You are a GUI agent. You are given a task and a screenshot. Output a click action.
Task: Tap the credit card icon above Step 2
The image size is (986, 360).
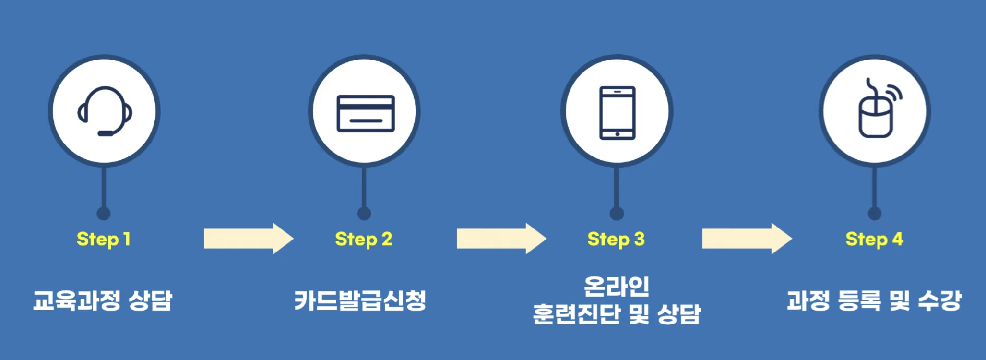tap(366, 113)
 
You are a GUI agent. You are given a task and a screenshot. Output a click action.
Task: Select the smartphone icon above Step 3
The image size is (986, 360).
tap(617, 113)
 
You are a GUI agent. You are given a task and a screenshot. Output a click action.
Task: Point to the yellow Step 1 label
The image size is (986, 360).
tap(104, 239)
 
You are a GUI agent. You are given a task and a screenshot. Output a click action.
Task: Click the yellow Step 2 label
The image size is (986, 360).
tap(364, 239)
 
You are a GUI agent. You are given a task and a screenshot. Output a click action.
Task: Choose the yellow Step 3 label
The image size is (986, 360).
tap(616, 239)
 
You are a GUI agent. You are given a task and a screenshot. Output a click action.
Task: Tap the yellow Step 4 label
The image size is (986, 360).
tap(874, 239)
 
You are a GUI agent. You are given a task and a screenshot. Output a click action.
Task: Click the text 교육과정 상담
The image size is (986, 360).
tap(102, 301)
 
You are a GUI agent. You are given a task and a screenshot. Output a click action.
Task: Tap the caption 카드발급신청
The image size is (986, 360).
tap(360, 301)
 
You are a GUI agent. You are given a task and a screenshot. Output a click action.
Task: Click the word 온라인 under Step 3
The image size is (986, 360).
tap(617, 287)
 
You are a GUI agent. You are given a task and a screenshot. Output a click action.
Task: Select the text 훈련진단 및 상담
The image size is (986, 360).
tap(617, 315)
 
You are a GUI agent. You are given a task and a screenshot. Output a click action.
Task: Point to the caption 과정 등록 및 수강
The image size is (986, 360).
tap(874, 301)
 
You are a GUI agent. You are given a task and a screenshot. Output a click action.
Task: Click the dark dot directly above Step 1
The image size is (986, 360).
tap(104, 214)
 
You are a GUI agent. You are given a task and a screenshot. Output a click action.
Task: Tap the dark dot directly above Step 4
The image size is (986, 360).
tap(875, 214)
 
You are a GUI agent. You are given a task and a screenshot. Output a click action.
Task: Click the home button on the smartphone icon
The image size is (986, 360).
tap(618, 134)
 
